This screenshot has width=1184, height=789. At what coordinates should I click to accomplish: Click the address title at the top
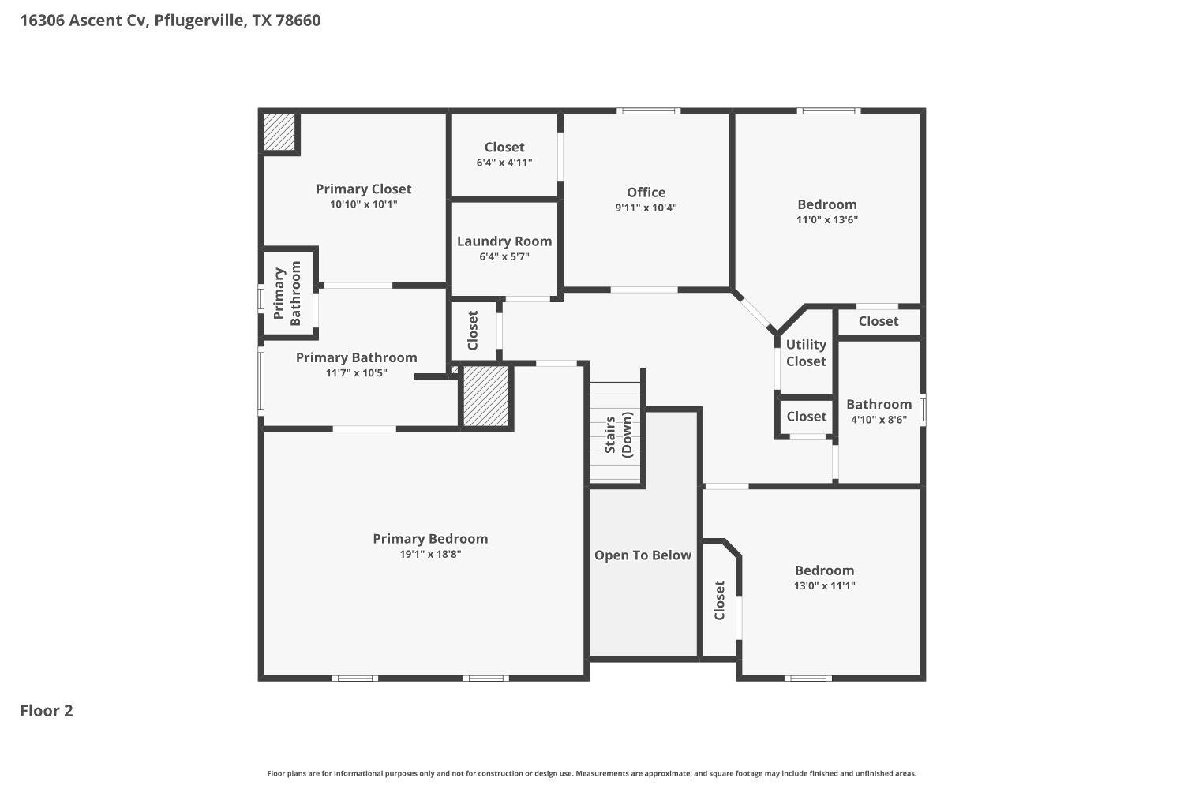pyautogui.click(x=170, y=21)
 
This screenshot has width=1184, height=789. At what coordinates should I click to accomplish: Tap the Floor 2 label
pyautogui.click(x=47, y=711)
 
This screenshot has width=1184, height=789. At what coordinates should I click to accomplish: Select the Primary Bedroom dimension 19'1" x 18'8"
pyautogui.click(x=430, y=555)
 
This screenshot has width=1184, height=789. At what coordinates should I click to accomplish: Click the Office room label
pyautogui.click(x=646, y=193)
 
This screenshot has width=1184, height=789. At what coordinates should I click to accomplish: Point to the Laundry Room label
pyautogui.click(x=504, y=241)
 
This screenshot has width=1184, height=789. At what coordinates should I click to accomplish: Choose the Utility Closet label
pyautogui.click(x=806, y=353)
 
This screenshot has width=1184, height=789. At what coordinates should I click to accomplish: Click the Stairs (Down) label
pyautogui.click(x=619, y=434)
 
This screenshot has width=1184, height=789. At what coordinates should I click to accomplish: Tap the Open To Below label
pyautogui.click(x=643, y=555)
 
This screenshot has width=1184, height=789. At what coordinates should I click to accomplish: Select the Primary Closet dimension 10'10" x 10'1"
pyautogui.click(x=363, y=204)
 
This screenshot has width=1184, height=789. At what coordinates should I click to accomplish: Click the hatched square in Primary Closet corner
pyautogui.click(x=279, y=132)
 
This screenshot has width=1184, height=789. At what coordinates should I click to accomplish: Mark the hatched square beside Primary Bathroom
pyautogui.click(x=485, y=396)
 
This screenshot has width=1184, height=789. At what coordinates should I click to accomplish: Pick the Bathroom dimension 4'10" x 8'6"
pyautogui.click(x=879, y=420)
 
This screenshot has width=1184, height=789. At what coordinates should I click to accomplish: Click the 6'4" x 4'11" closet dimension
pyautogui.click(x=504, y=163)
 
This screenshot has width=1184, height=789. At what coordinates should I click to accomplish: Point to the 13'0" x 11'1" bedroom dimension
pyautogui.click(x=824, y=586)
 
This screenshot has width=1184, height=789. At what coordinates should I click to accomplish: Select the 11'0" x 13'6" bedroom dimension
pyautogui.click(x=826, y=220)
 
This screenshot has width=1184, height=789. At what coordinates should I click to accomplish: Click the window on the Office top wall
pyautogui.click(x=648, y=111)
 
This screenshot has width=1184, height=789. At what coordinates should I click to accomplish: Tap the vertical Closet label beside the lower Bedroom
pyautogui.click(x=719, y=600)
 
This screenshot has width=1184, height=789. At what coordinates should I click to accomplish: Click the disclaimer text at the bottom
pyautogui.click(x=592, y=774)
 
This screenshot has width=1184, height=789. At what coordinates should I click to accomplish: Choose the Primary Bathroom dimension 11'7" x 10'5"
pyautogui.click(x=356, y=373)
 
